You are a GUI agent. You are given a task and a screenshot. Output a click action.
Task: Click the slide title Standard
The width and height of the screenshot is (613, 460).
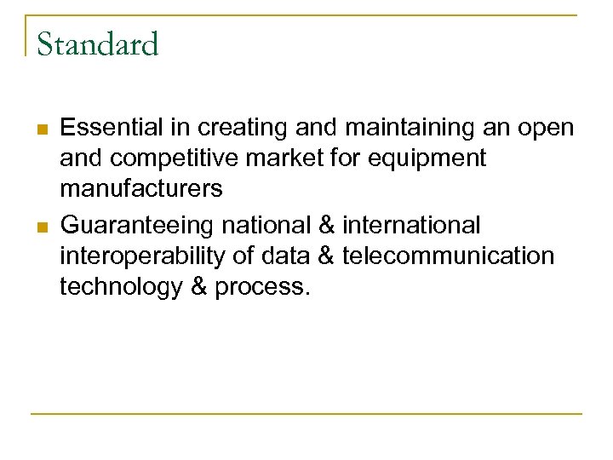pos(98,44)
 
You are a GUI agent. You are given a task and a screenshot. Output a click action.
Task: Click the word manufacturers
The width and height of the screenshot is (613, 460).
pos(141,189)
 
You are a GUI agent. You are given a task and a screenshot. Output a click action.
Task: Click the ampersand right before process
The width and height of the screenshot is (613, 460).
pos(198,287)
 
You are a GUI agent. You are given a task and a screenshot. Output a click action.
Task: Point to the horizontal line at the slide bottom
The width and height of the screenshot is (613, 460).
pos(306,414)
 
